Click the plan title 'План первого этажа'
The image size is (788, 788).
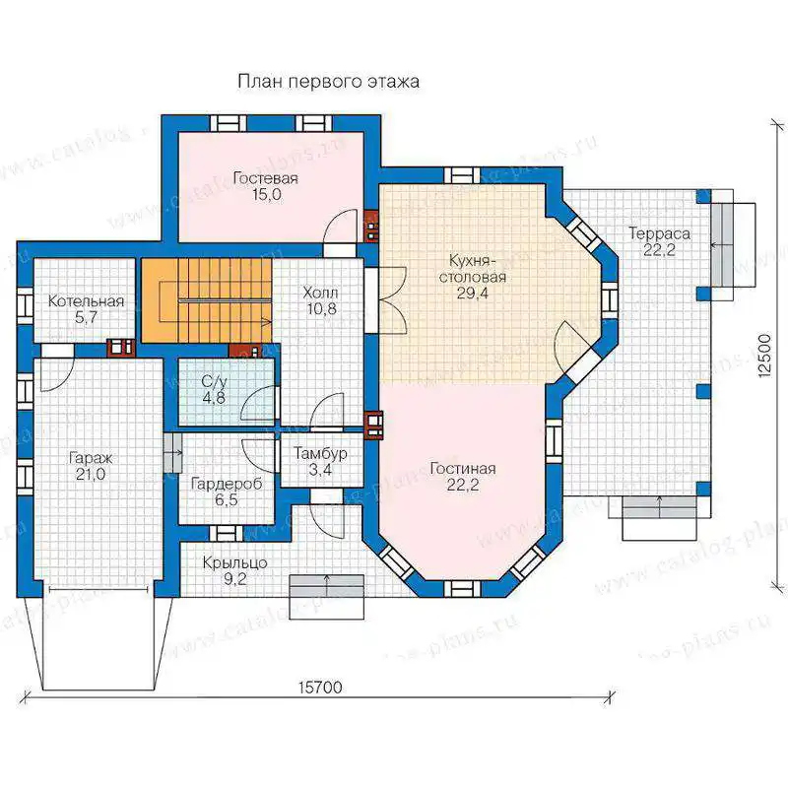tap(328, 82)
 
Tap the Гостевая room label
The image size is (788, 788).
tap(266, 178)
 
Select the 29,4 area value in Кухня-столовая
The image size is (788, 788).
tap(472, 294)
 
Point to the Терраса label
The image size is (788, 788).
tap(659, 233)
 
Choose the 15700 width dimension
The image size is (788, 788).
tap(320, 687)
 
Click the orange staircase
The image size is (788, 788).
tap(207, 300)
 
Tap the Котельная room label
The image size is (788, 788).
tap(86, 301)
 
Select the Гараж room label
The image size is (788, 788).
tap(91, 459)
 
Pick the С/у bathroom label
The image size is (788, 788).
tap(214, 382)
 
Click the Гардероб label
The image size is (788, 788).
tap(227, 485)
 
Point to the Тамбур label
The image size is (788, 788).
tap(321, 454)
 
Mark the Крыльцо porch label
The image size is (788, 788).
tap(234, 563)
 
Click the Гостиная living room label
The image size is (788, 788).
tap(463, 469)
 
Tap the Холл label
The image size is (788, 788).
tap(321, 293)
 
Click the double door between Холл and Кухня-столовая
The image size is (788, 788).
tap(386, 300)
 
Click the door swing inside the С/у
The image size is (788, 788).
tap(258, 403)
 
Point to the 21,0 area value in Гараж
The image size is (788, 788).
tap(91, 475)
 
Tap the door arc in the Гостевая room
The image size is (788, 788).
tap(341, 226)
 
